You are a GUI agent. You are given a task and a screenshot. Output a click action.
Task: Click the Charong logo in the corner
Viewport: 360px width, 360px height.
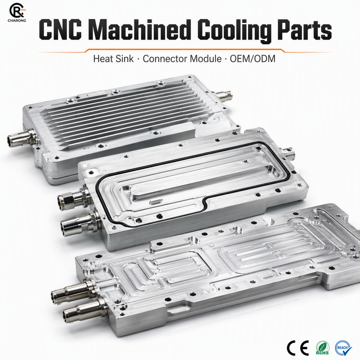coord(17,12)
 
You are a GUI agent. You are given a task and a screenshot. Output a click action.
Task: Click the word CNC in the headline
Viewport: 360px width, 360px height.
coord(60,29)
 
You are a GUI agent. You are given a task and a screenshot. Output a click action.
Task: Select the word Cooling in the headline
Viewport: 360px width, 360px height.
coord(236,31)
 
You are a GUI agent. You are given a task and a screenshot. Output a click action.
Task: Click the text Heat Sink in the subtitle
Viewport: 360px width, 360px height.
coord(113,59)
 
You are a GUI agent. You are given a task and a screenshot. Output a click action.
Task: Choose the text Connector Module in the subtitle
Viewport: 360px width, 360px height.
coord(182,59)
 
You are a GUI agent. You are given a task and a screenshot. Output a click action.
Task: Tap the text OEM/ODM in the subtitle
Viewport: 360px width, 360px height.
coord(252,59)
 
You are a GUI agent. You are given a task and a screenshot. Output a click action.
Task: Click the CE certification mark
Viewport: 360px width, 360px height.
coord(298,348)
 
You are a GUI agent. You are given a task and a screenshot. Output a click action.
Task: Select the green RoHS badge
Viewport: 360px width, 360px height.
coord(322,348)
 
